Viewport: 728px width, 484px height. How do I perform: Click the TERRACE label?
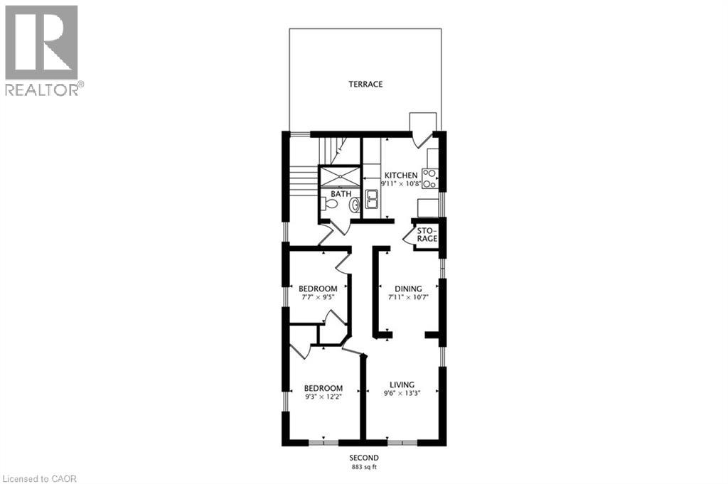(x=365, y=84)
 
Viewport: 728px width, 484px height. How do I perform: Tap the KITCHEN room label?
(x=401, y=176)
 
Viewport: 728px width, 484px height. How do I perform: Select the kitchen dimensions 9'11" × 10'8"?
(x=401, y=184)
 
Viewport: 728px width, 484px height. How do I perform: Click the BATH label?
(x=341, y=193)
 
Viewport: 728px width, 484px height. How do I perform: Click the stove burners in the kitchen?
(x=429, y=178)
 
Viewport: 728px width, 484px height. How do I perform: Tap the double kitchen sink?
(x=372, y=200)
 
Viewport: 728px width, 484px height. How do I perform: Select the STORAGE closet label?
(x=426, y=235)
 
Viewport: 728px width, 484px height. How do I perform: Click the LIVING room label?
(x=402, y=384)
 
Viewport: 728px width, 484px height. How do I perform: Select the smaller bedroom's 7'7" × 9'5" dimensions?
(x=317, y=296)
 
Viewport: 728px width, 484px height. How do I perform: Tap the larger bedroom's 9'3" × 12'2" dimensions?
(x=323, y=397)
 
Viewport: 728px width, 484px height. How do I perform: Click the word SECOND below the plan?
(x=363, y=457)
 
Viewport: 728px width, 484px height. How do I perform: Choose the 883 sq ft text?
(x=363, y=466)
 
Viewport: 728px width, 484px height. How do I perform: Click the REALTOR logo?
(x=42, y=50)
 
